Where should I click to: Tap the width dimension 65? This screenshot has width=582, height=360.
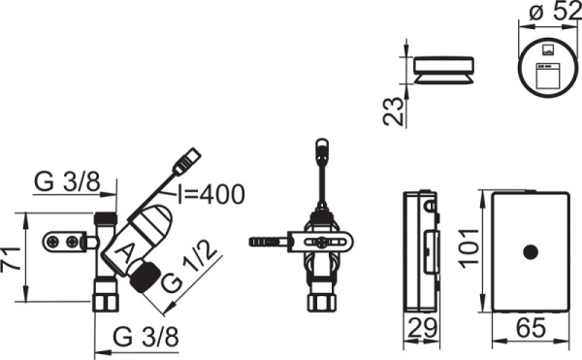[x=531, y=327]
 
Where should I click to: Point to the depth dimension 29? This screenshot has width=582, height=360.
[x=422, y=327]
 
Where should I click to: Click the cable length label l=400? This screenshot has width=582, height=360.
[x=210, y=194]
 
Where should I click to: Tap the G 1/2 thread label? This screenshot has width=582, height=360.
[x=189, y=267]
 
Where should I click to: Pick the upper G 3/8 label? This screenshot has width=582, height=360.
[x=67, y=181]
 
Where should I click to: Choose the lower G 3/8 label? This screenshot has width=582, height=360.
[x=145, y=337]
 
